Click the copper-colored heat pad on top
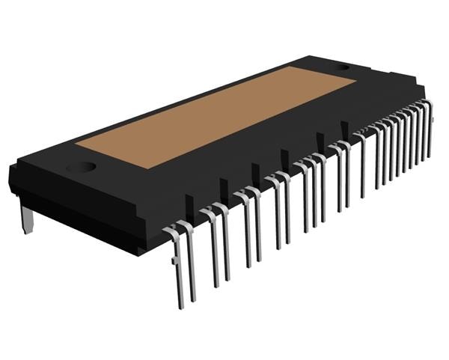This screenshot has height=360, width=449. tap(217, 116)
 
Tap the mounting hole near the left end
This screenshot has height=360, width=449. tap(82, 167)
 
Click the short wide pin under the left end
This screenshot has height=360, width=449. tap(27, 219)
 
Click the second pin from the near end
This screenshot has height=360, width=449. tap(190, 262)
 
